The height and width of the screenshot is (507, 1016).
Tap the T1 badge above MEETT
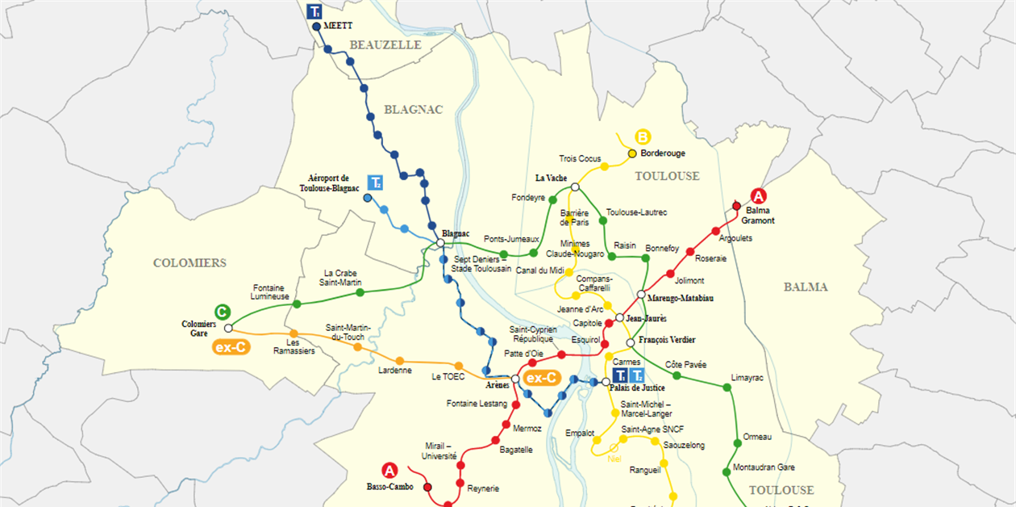pos(314,11)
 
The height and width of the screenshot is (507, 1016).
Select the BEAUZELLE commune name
pos(385,45)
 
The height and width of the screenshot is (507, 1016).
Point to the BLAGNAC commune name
pos(414,110)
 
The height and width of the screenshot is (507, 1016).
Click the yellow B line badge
pos(643,136)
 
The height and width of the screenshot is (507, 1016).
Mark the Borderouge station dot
pos(632,153)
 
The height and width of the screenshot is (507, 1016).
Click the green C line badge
pos(221,312)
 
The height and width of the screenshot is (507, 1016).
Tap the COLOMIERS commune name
pos(189,263)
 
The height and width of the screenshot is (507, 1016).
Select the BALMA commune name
pos(806,287)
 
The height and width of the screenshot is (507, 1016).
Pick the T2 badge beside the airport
pos(375,182)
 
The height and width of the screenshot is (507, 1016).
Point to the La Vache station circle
pos(575,187)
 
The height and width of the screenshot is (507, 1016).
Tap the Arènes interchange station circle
pos(515,378)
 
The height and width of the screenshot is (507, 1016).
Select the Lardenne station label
pos(395,371)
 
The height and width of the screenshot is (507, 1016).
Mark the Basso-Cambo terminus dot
pos(427,487)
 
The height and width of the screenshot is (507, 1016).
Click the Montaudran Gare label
pos(764,467)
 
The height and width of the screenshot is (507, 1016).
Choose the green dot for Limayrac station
pos(727,388)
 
